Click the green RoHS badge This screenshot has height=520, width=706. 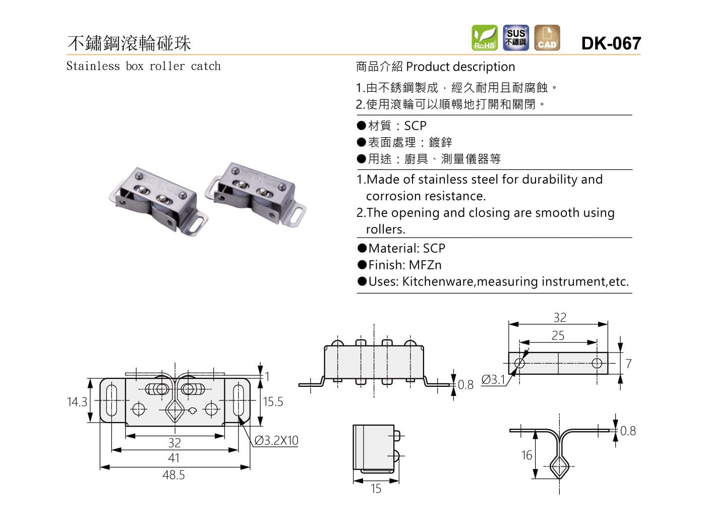[484, 38]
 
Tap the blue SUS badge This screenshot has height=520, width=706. [516, 38]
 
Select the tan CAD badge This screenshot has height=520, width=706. [547, 38]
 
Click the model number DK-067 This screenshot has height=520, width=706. [611, 43]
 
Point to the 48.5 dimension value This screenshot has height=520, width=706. [173, 475]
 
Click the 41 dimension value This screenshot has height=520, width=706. [173, 458]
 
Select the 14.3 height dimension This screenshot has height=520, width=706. [77, 402]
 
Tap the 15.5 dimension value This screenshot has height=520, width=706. [273, 402]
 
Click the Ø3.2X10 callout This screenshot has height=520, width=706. [276, 441]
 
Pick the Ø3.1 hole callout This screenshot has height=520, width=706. [493, 380]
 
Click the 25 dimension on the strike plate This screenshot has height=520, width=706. [558, 336]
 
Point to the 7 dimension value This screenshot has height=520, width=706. [628, 364]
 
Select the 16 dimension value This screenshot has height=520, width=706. [526, 455]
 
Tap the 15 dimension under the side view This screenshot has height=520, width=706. [376, 489]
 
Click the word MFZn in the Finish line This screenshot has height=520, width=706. [425, 265]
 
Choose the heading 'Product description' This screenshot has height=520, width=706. [460, 67]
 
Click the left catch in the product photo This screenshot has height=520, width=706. [157, 200]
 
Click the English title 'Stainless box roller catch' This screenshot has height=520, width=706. [143, 66]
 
